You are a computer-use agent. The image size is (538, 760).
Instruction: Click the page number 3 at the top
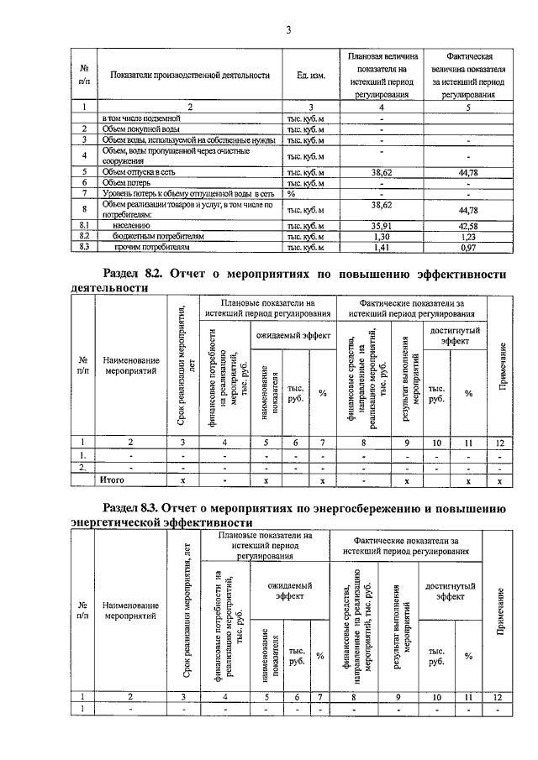(x=287, y=31)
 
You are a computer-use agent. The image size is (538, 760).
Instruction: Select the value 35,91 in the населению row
(x=381, y=225)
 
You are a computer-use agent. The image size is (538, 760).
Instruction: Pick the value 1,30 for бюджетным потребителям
(x=381, y=237)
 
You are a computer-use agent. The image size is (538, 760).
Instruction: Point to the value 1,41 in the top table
(x=381, y=248)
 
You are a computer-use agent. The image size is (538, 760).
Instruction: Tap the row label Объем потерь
(x=128, y=181)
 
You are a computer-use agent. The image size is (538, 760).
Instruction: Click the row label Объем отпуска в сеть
(x=139, y=171)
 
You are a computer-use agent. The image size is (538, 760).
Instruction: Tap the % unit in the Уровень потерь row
(x=292, y=192)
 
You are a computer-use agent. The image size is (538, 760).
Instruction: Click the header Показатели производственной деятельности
(x=190, y=76)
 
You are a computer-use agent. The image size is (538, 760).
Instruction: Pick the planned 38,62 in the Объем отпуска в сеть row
(x=381, y=171)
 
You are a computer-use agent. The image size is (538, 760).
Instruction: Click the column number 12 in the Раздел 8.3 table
(x=499, y=696)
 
